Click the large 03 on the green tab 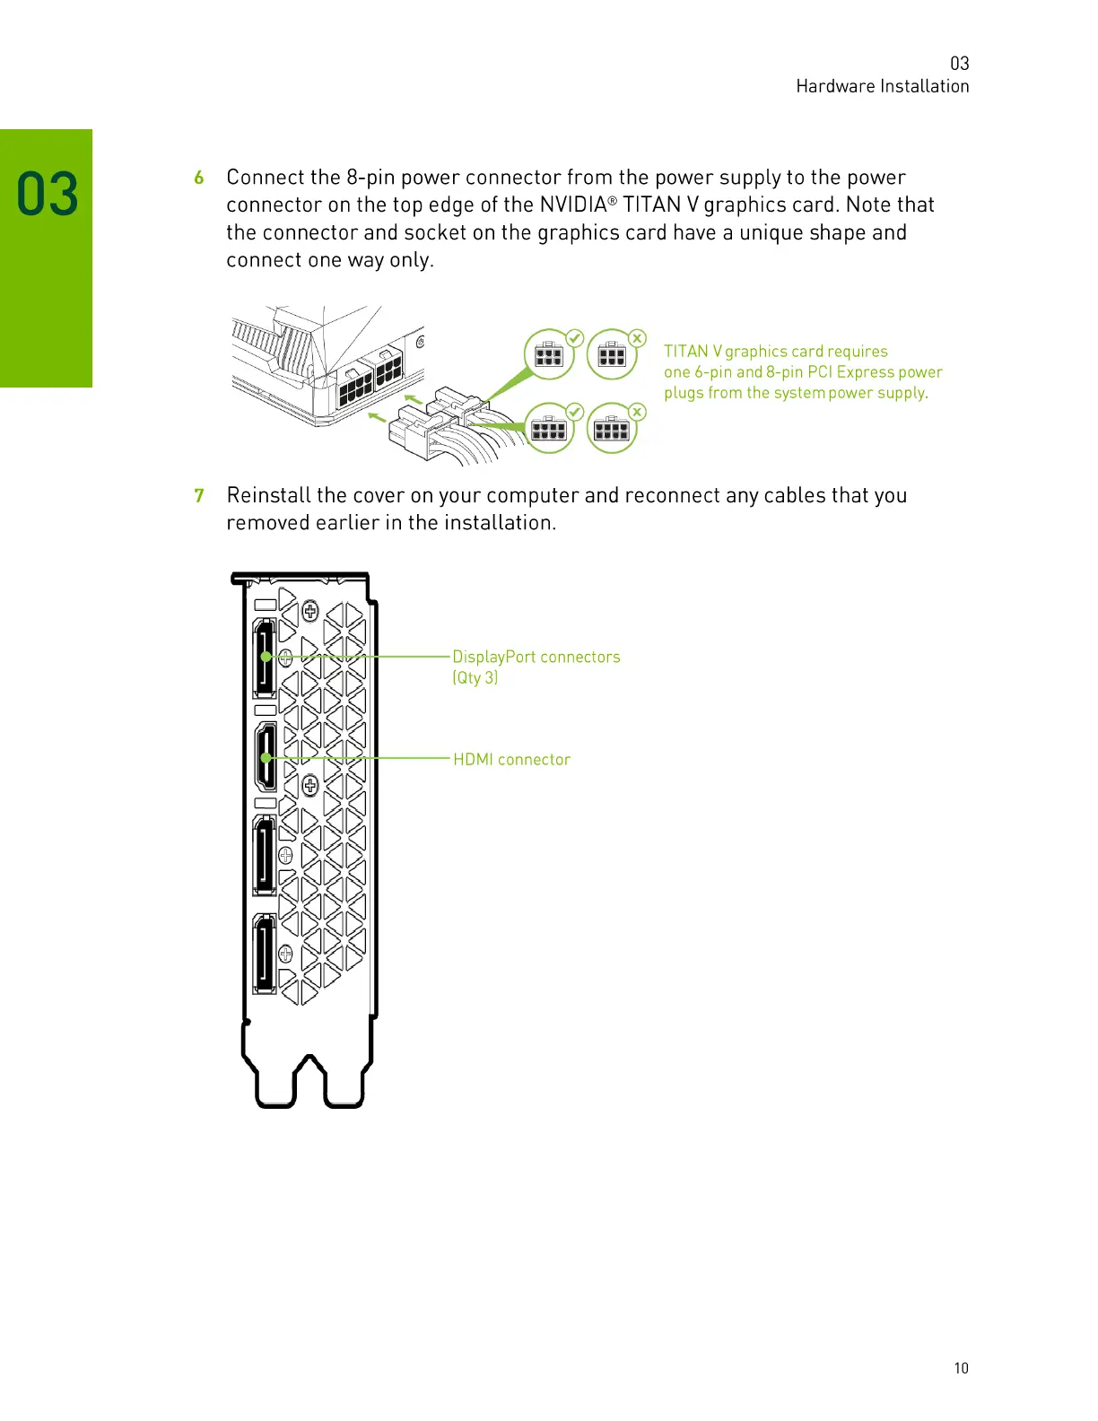pyautogui.click(x=48, y=195)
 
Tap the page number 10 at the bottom pyautogui.click(x=961, y=1368)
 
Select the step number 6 pyautogui.click(x=199, y=178)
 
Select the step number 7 pyautogui.click(x=199, y=496)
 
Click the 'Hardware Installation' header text pyautogui.click(x=882, y=86)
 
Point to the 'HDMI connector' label pyautogui.click(x=511, y=760)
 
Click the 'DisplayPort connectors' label pyautogui.click(x=536, y=657)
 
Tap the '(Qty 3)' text pyautogui.click(x=475, y=678)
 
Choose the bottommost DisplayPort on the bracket pyautogui.click(x=265, y=952)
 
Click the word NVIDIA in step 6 pyautogui.click(x=573, y=205)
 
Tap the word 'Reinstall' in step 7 pyautogui.click(x=268, y=496)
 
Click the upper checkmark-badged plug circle pyautogui.click(x=549, y=355)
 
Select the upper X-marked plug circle pyautogui.click(x=612, y=355)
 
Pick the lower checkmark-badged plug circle pyautogui.click(x=549, y=429)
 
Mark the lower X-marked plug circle pyautogui.click(x=612, y=429)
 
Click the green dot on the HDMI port pyautogui.click(x=266, y=758)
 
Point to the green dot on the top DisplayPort pyautogui.click(x=266, y=657)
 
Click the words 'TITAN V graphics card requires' pyautogui.click(x=775, y=352)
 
